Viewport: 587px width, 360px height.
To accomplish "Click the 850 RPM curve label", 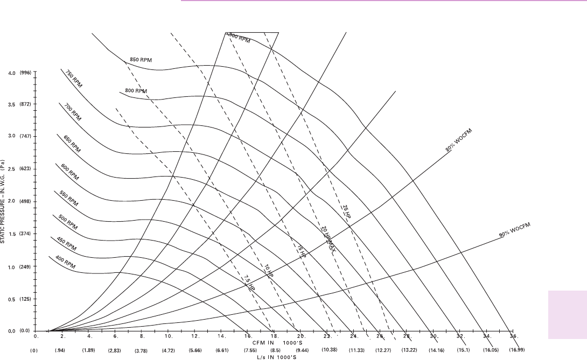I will click(x=141, y=60).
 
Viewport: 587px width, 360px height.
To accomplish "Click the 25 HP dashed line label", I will click(x=346, y=211).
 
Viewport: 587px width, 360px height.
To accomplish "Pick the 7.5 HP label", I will click(x=248, y=282).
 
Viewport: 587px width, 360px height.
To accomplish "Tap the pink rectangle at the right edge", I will click(x=568, y=315).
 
